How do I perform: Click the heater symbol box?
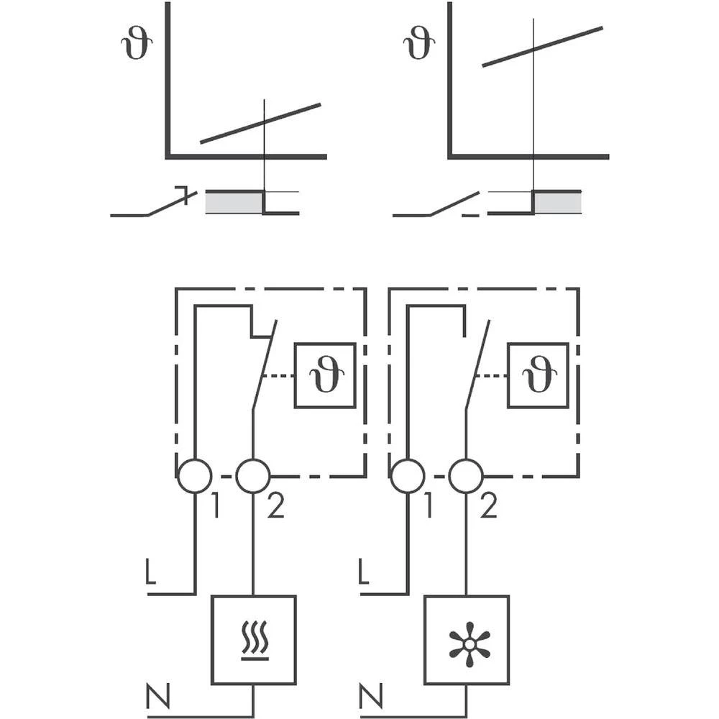(253, 640)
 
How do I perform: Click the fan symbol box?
(467, 640)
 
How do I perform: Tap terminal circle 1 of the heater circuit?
(195, 476)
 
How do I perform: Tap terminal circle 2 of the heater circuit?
(253, 476)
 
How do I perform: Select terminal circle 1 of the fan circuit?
(408, 476)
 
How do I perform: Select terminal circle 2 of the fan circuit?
(466, 476)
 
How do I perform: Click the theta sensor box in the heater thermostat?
(325, 376)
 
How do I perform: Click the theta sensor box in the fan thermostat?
(538, 376)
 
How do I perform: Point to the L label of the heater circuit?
(150, 572)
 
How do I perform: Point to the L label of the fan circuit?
(364, 572)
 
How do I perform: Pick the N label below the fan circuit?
(370, 696)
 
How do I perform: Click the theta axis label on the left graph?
(134, 44)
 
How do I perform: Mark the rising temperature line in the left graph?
(260, 124)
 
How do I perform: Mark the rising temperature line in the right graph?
(542, 46)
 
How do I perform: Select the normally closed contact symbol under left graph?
(153, 206)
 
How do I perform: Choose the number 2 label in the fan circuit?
(488, 508)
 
